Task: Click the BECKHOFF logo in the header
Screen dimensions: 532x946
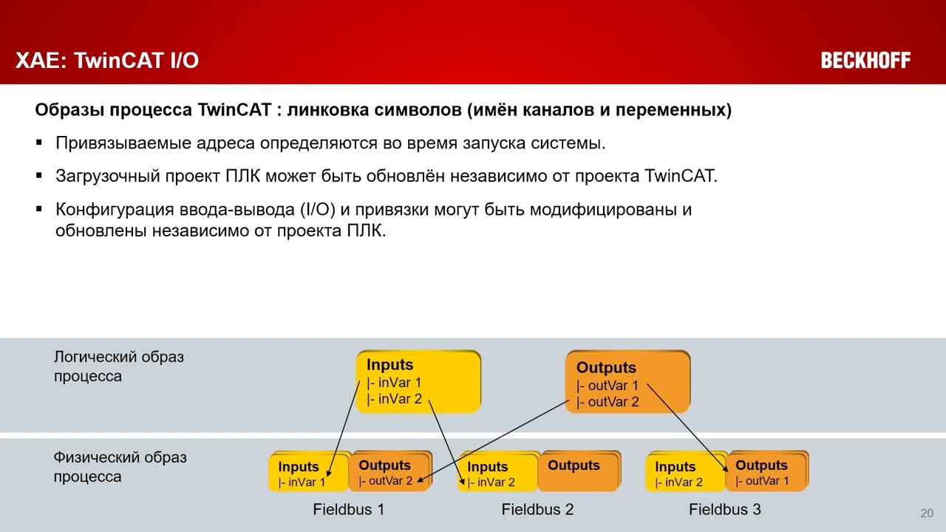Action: coord(865,61)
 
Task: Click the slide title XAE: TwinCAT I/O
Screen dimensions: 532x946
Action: coord(107,61)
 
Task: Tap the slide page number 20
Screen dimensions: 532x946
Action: coord(927,514)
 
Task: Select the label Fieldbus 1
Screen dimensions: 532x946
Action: coord(348,509)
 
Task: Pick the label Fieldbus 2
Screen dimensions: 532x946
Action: coord(537,509)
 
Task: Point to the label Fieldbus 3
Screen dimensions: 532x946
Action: coord(724,509)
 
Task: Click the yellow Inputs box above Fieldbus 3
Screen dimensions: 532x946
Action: coord(684,474)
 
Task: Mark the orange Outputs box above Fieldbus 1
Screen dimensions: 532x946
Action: coord(389,472)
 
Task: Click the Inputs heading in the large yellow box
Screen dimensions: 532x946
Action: coord(389,365)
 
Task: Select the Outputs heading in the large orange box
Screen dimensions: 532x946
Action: coord(606,367)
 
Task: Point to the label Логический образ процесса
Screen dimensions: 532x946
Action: coord(118,366)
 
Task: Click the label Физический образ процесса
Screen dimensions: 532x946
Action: coord(120,467)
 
